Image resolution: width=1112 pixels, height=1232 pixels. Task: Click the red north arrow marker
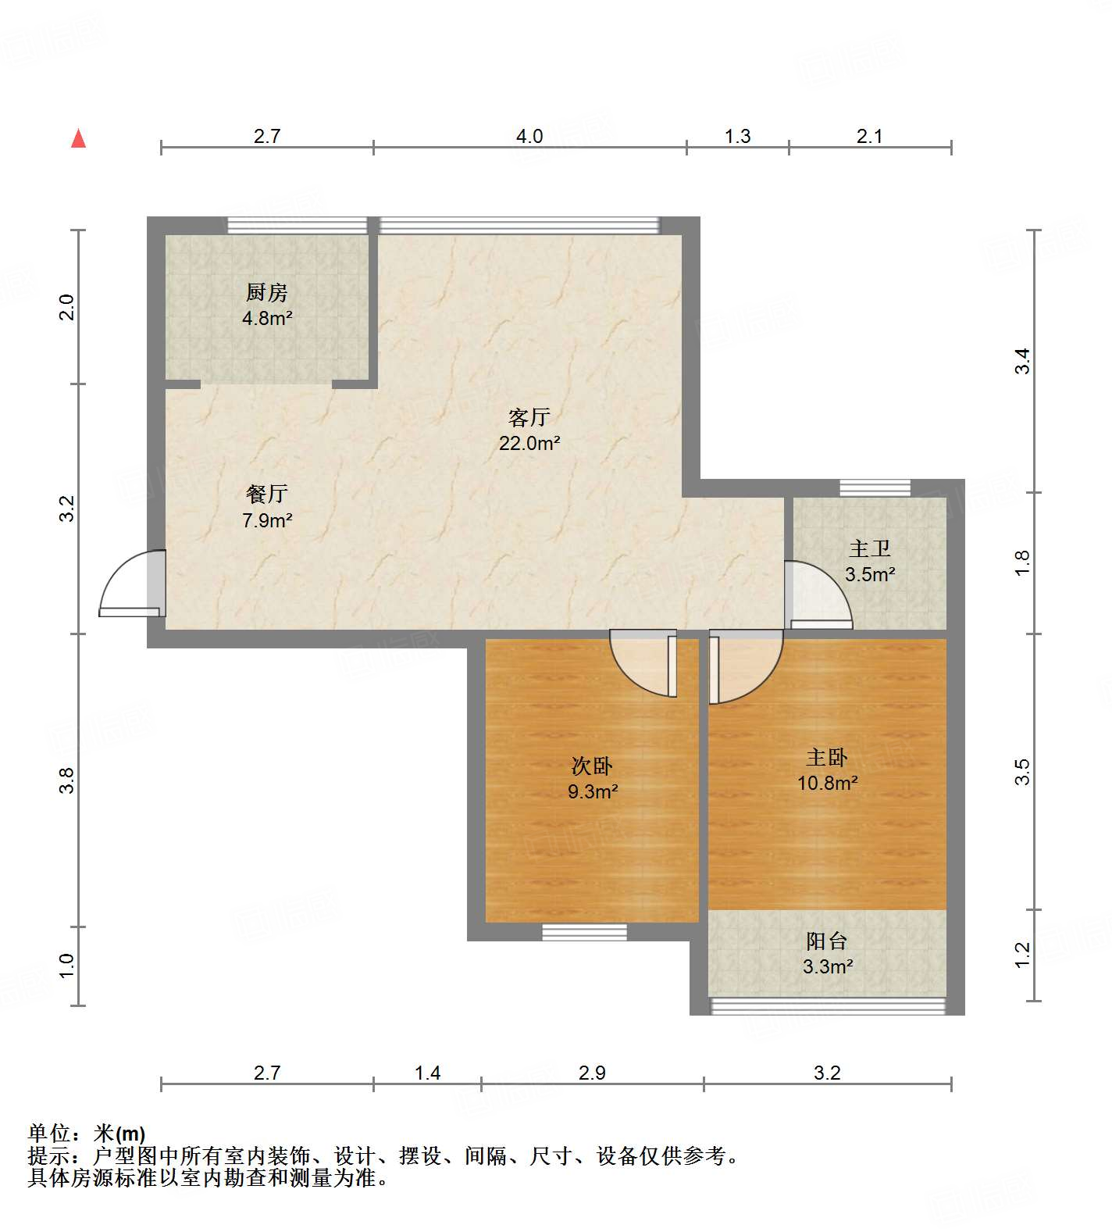[78, 138]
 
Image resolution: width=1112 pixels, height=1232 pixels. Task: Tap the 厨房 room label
[267, 293]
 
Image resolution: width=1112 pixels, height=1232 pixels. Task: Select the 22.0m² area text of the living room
[529, 444]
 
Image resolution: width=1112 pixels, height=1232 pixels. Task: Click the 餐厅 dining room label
[267, 494]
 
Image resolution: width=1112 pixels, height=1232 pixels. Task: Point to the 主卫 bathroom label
[870, 549]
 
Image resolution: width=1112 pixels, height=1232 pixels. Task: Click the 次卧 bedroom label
[592, 766]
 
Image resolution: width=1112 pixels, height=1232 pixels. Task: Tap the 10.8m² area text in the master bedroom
[827, 783]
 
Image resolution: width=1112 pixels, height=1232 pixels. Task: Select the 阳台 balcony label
[827, 941]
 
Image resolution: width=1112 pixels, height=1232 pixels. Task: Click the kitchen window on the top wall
[297, 225]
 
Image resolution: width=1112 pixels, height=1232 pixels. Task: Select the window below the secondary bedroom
[584, 931]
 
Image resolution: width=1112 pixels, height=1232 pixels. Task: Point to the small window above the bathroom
[875, 487]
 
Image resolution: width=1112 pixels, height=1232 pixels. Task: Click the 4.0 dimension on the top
[529, 136]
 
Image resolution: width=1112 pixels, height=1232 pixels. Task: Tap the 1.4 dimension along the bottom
[427, 1073]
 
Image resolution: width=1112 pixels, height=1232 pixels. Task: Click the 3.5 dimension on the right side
[1022, 772]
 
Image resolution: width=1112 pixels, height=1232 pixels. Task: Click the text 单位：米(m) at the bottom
[86, 1133]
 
